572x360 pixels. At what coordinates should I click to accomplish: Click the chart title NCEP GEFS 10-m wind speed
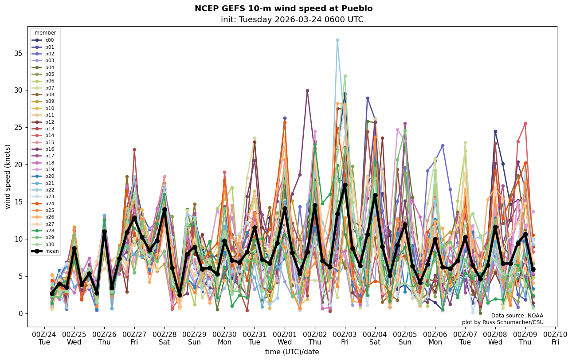(x=283, y=8)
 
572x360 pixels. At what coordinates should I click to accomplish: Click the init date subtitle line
(x=292, y=20)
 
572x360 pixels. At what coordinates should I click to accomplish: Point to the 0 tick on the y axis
(x=20, y=313)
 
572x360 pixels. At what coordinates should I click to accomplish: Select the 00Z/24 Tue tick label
(x=44, y=338)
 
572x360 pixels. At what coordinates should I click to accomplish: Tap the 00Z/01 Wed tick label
(x=285, y=338)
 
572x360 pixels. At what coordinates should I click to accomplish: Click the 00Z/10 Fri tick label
(x=555, y=338)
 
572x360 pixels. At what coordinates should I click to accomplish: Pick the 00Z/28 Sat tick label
(x=165, y=338)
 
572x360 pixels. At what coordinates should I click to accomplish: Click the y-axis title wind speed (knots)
(x=8, y=176)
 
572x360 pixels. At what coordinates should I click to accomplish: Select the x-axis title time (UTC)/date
(x=292, y=352)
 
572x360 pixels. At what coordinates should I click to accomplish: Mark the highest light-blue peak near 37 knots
(x=337, y=40)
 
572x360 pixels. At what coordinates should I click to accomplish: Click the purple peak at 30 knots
(x=307, y=90)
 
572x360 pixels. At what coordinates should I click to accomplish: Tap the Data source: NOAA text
(x=517, y=316)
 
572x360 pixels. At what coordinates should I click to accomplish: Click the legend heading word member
(x=45, y=33)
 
